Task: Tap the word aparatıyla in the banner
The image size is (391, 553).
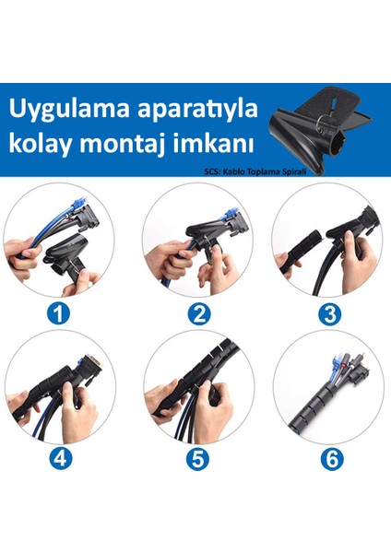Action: pyautogui.click(x=197, y=110)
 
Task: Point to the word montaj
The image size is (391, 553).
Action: pyautogui.click(x=123, y=144)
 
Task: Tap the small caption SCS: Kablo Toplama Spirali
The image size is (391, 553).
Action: pyautogui.click(x=255, y=171)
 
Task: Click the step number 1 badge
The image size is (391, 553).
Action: pyautogui.click(x=59, y=313)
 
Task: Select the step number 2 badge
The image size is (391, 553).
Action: pyautogui.click(x=198, y=313)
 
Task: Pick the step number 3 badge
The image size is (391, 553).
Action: pyautogui.click(x=329, y=313)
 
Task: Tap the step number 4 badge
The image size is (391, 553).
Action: pyautogui.click(x=60, y=458)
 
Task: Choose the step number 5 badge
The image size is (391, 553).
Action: pyautogui.click(x=197, y=458)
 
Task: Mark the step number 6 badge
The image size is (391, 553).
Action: pyautogui.click(x=332, y=458)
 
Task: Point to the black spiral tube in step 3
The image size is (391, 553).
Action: pyautogui.click(x=302, y=252)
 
